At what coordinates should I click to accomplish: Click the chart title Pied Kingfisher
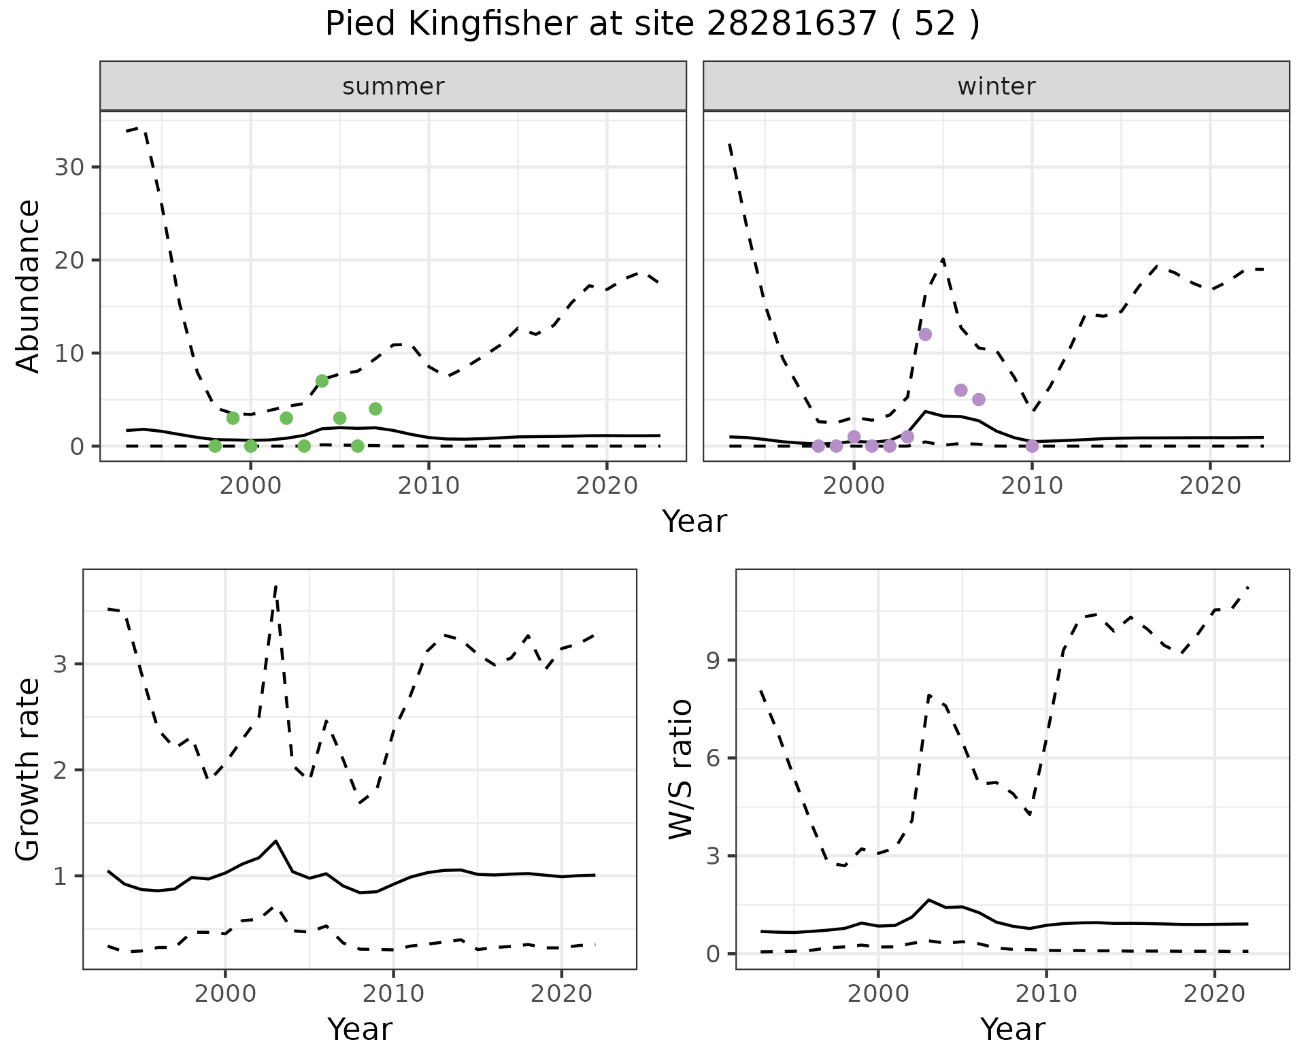coord(652,25)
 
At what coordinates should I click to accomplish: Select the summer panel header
coord(393,86)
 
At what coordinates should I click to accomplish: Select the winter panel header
coord(996,86)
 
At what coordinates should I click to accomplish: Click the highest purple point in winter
coord(925,335)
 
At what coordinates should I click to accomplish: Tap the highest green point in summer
coord(322,381)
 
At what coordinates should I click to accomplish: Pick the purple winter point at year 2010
coord(1032,446)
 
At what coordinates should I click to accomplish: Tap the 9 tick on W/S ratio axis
coord(713,660)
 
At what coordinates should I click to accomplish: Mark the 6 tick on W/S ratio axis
coord(713,758)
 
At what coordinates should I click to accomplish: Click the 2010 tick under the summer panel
coord(429,486)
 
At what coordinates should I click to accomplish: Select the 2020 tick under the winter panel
coord(1210,486)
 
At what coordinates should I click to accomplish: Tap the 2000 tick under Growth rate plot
coord(225,994)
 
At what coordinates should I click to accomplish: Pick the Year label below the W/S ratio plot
coord(1012,1029)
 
